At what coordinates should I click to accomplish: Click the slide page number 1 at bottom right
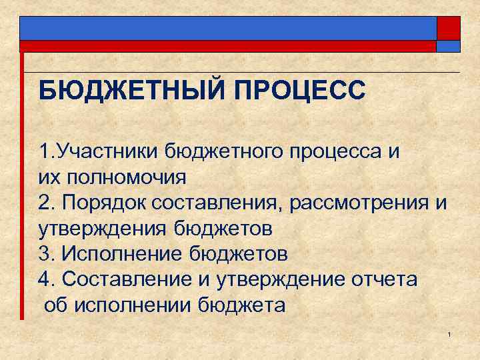click(x=450, y=333)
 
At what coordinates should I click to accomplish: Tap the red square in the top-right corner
click(x=448, y=28)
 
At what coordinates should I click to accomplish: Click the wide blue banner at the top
click(x=227, y=28)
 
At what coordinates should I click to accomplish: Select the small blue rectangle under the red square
click(x=448, y=46)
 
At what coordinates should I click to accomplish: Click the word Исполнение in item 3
click(x=123, y=254)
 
